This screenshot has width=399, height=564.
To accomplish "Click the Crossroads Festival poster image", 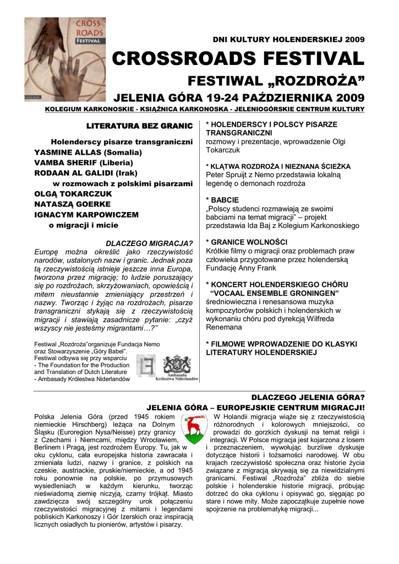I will click(x=65, y=59).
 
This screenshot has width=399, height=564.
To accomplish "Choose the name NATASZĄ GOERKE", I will click(x=74, y=204).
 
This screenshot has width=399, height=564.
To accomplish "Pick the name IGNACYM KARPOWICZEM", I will click(x=86, y=214).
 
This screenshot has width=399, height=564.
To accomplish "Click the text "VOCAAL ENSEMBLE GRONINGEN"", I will click(x=275, y=294).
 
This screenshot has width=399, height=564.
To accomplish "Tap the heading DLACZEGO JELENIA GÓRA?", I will click(x=308, y=397).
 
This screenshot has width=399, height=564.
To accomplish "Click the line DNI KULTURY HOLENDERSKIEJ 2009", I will click(x=288, y=40).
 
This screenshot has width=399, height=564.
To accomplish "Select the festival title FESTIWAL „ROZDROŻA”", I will click(x=276, y=82).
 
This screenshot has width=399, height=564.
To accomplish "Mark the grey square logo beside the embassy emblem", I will click(x=146, y=367).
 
